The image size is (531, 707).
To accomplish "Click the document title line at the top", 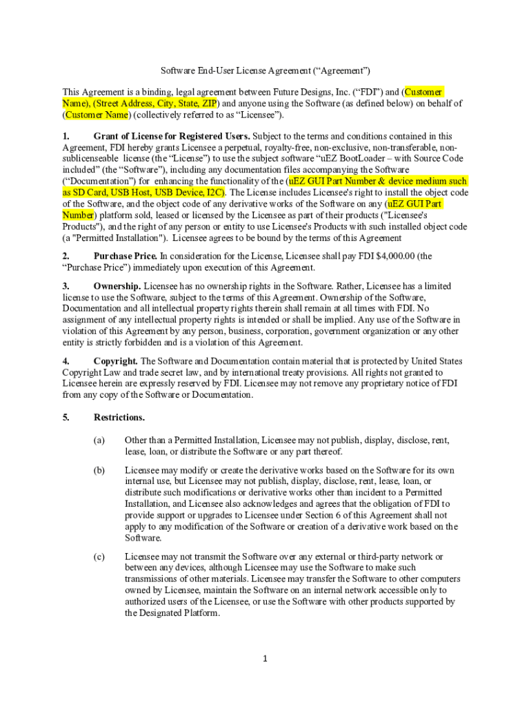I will pos(265,70).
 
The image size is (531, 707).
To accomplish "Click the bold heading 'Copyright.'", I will pos(116,361).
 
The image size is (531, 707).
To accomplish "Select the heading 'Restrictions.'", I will pos(119,417).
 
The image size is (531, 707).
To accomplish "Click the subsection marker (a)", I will pos(99,440).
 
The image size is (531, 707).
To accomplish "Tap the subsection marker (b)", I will pos(99,469).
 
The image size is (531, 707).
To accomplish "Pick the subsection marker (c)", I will pos(99,556).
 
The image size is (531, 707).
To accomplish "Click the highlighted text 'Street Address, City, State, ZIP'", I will pos(155,103).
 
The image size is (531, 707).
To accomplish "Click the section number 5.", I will pos(66,417).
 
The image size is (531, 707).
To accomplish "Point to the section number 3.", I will pos(66,286).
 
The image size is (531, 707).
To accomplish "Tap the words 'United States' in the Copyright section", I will pos(437,361).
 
